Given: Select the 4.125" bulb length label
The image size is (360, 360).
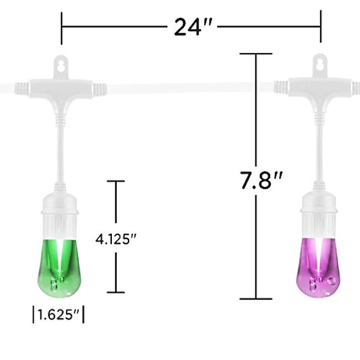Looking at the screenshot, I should pos(116,239).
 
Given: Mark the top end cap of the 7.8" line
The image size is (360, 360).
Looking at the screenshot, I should pos(256,54).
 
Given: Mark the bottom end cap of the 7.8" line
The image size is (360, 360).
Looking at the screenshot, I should pos(256,298).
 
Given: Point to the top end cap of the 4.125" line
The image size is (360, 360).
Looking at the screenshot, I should pos(116,181).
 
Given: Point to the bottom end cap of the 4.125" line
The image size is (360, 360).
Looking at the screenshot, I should pos(116,292).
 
